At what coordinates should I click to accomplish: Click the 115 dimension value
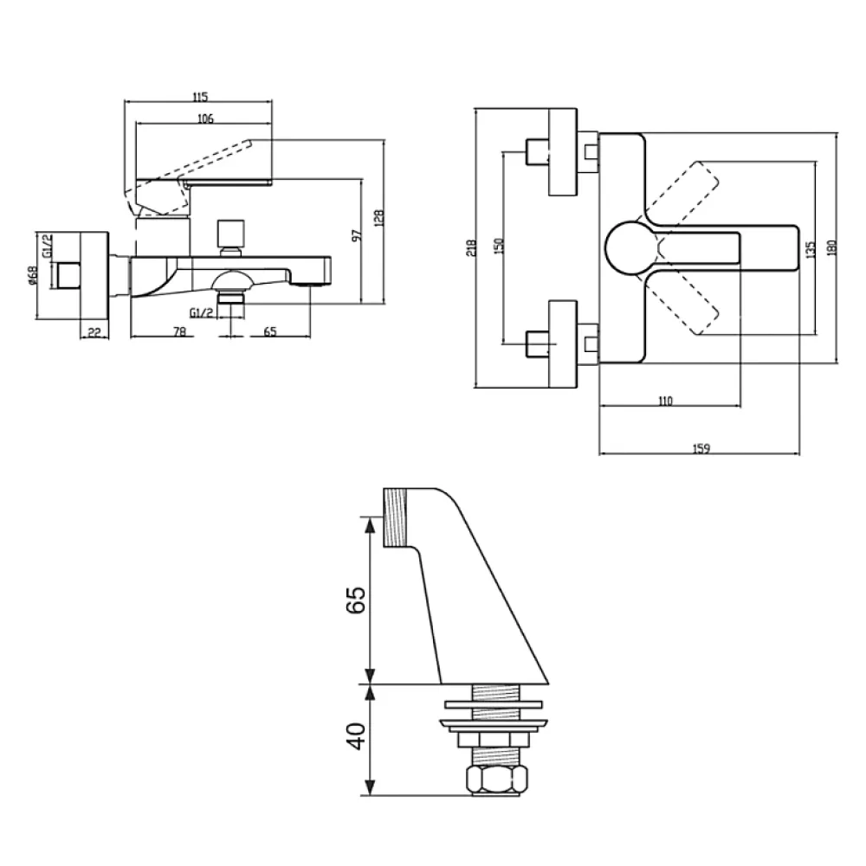pos(200,97)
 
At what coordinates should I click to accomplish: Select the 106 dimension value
pos(205,119)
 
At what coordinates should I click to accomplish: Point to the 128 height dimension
pos(378,218)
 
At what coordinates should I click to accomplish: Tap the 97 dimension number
pos(358,234)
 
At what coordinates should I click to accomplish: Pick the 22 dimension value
pos(94,332)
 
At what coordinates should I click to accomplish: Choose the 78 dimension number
pos(180,332)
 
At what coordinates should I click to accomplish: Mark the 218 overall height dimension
pos(470,248)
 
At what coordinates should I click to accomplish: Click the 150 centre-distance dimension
pos(498,245)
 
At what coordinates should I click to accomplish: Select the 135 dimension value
pos(811,250)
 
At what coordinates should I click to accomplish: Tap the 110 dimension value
pos(666,401)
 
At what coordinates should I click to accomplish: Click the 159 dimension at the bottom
pos(701,448)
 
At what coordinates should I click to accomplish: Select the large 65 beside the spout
pos(356,600)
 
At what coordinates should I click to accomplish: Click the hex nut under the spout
pos(496,779)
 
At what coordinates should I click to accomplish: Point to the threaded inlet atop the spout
pos(396,517)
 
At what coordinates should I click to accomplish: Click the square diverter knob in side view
pos(230,234)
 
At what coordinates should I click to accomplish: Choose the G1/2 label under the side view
pos(201,313)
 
